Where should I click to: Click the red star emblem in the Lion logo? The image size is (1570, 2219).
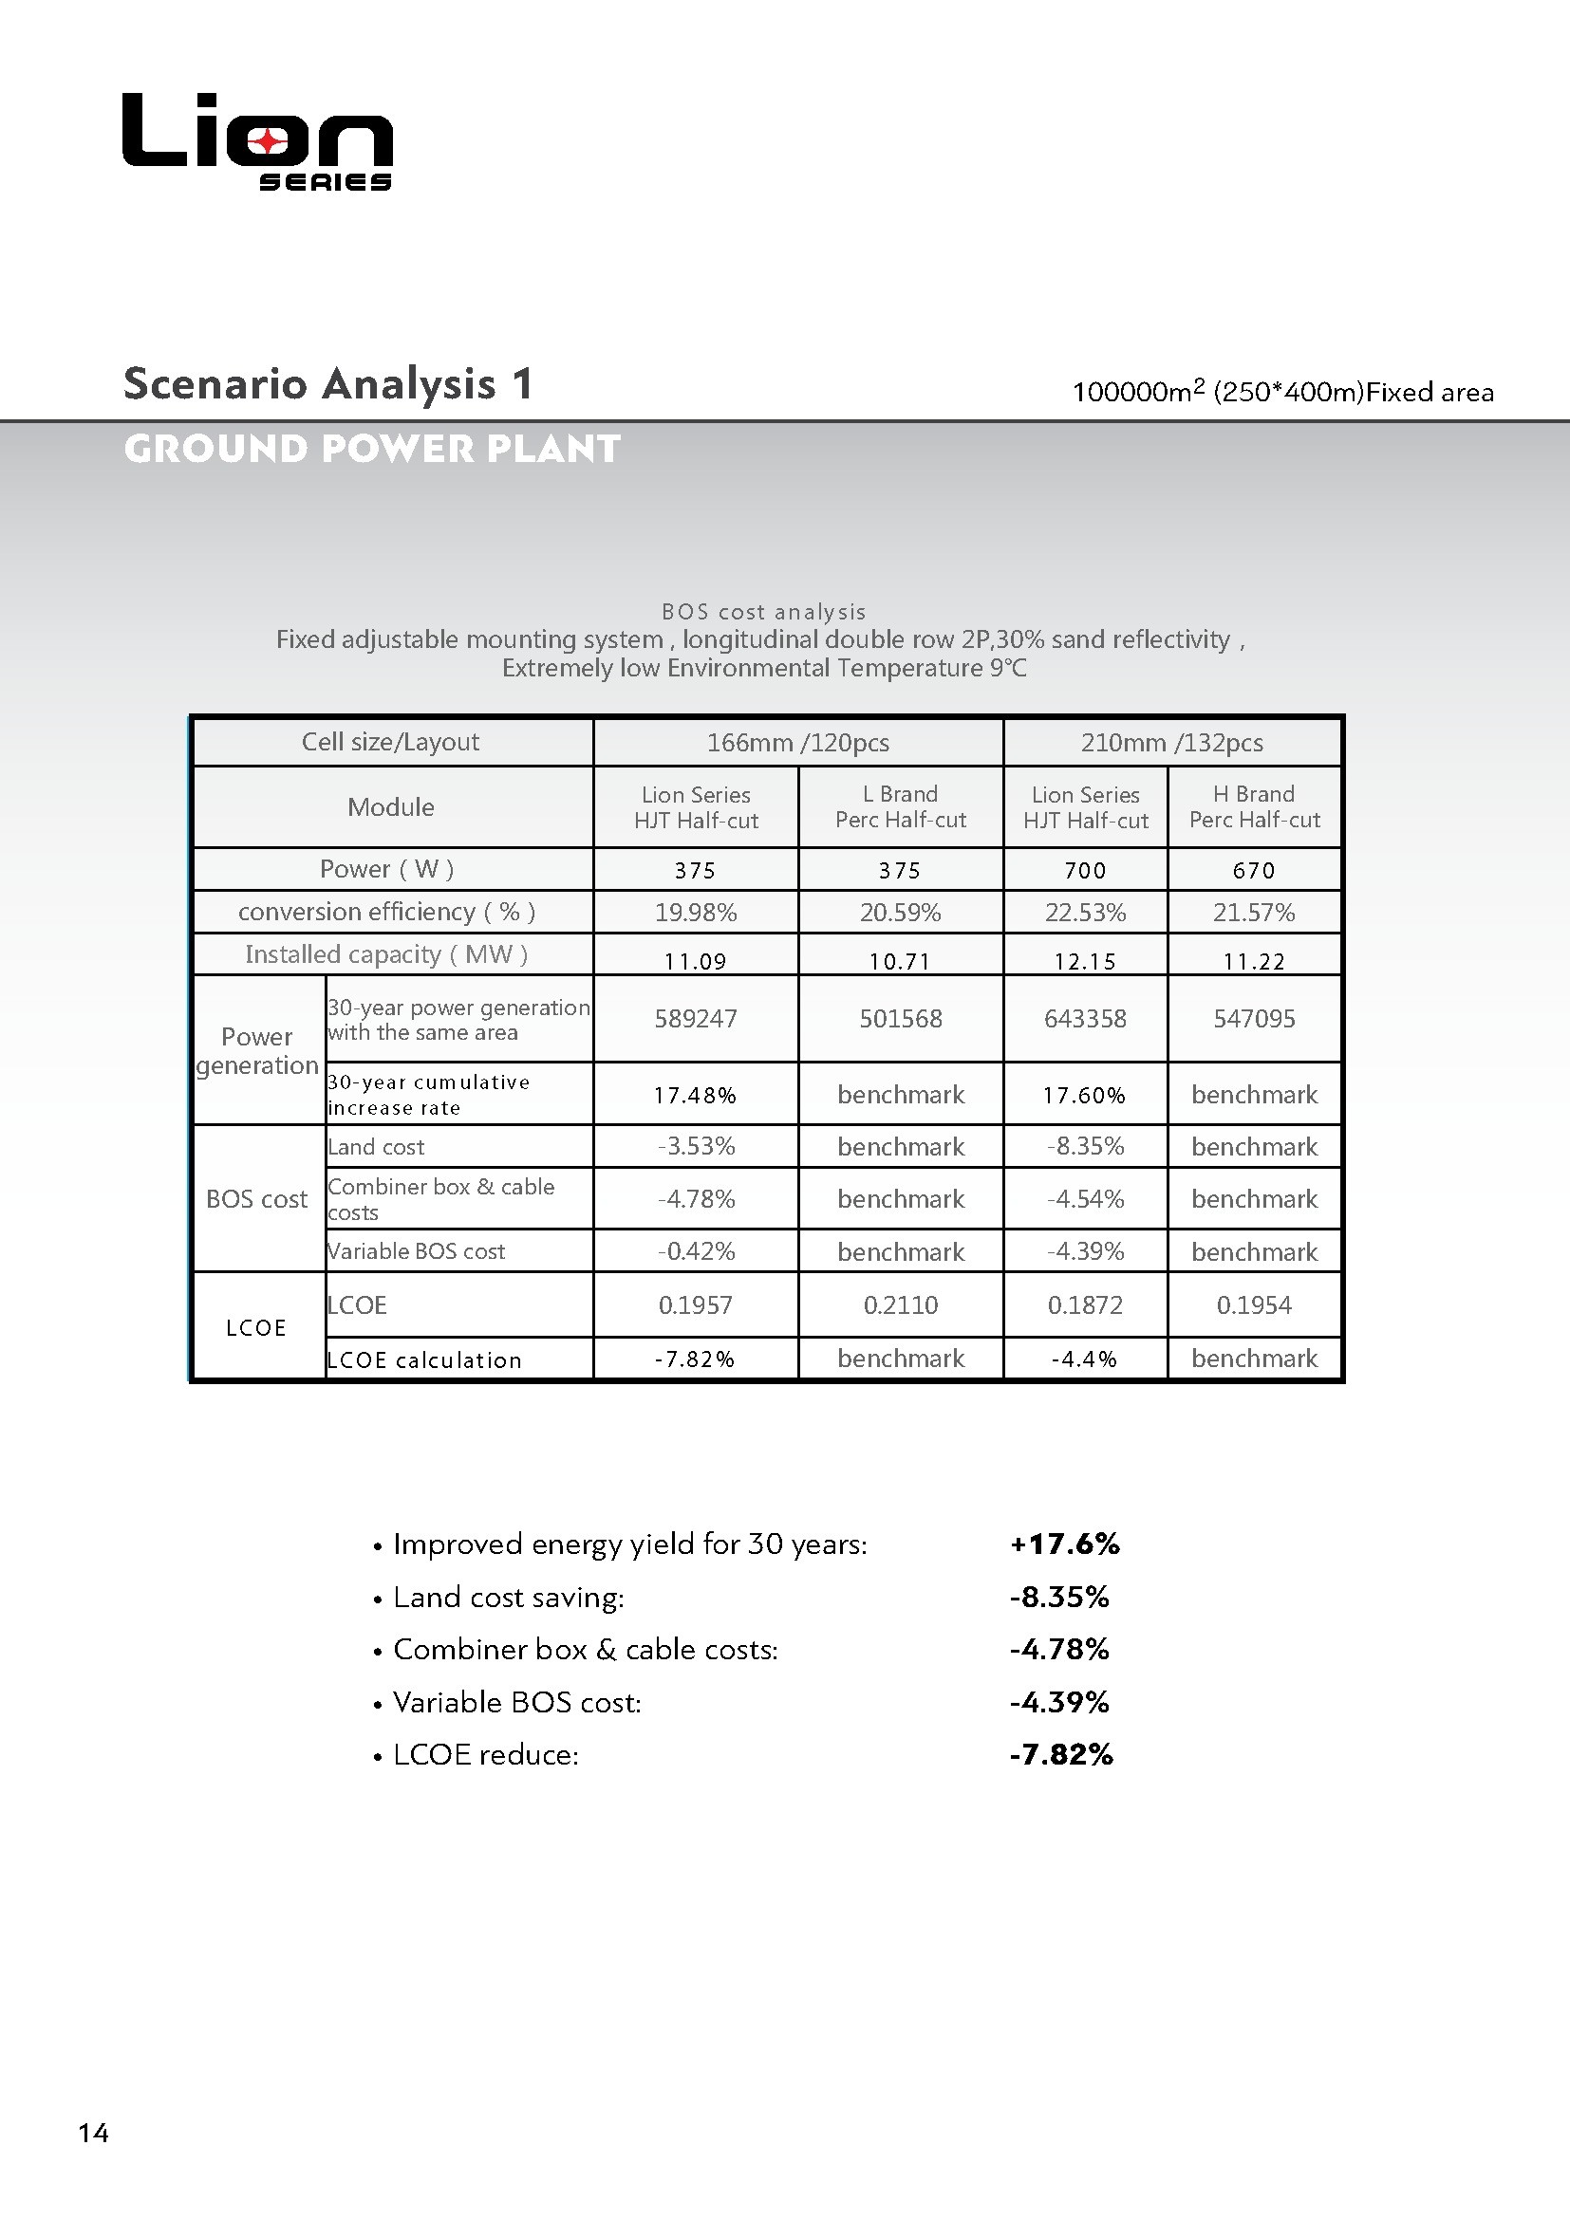[267, 142]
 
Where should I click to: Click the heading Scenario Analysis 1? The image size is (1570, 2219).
[327, 383]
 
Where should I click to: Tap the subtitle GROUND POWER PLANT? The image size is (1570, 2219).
[372, 449]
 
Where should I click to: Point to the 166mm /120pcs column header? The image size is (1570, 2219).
[797, 742]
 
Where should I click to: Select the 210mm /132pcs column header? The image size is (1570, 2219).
[1171, 742]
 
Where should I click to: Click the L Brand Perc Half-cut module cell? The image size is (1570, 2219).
[900, 807]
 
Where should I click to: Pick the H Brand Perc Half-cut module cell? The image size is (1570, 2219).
[1254, 807]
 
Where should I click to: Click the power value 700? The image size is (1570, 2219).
[1085, 870]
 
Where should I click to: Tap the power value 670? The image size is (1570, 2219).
[1254, 870]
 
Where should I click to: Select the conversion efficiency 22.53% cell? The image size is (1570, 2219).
[1085, 913]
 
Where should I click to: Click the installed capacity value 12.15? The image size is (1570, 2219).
[1085, 961]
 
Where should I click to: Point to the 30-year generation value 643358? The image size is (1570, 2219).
[1085, 1019]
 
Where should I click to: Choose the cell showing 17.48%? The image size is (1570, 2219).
[695, 1095]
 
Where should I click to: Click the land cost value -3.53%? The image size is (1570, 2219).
[696, 1146]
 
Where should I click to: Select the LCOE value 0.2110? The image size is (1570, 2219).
[900, 1304]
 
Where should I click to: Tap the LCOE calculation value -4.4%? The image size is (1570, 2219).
[1085, 1359]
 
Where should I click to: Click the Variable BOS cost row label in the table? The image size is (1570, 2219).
[416, 1251]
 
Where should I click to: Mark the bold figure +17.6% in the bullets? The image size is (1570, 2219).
[1064, 1544]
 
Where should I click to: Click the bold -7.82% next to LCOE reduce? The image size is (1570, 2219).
[1061, 1754]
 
